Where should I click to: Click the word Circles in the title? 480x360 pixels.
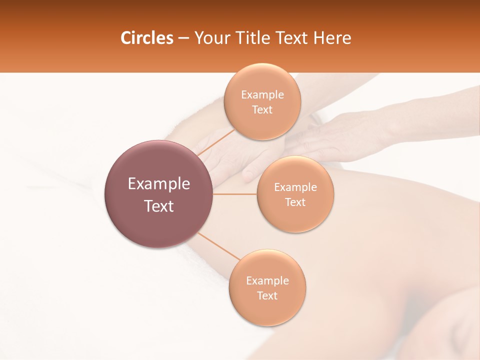146,38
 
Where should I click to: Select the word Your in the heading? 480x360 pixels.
211,38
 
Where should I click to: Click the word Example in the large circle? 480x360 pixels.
159,184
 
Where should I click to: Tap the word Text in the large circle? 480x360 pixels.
159,206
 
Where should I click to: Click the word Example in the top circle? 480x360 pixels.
262,95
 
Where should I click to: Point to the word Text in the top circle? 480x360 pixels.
262,110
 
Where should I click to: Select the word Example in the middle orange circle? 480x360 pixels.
295,187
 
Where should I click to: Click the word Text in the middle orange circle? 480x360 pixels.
295,202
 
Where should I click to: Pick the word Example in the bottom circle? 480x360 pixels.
267,281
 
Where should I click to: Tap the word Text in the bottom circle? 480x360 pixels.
267,296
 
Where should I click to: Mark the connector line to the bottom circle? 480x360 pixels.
218,246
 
